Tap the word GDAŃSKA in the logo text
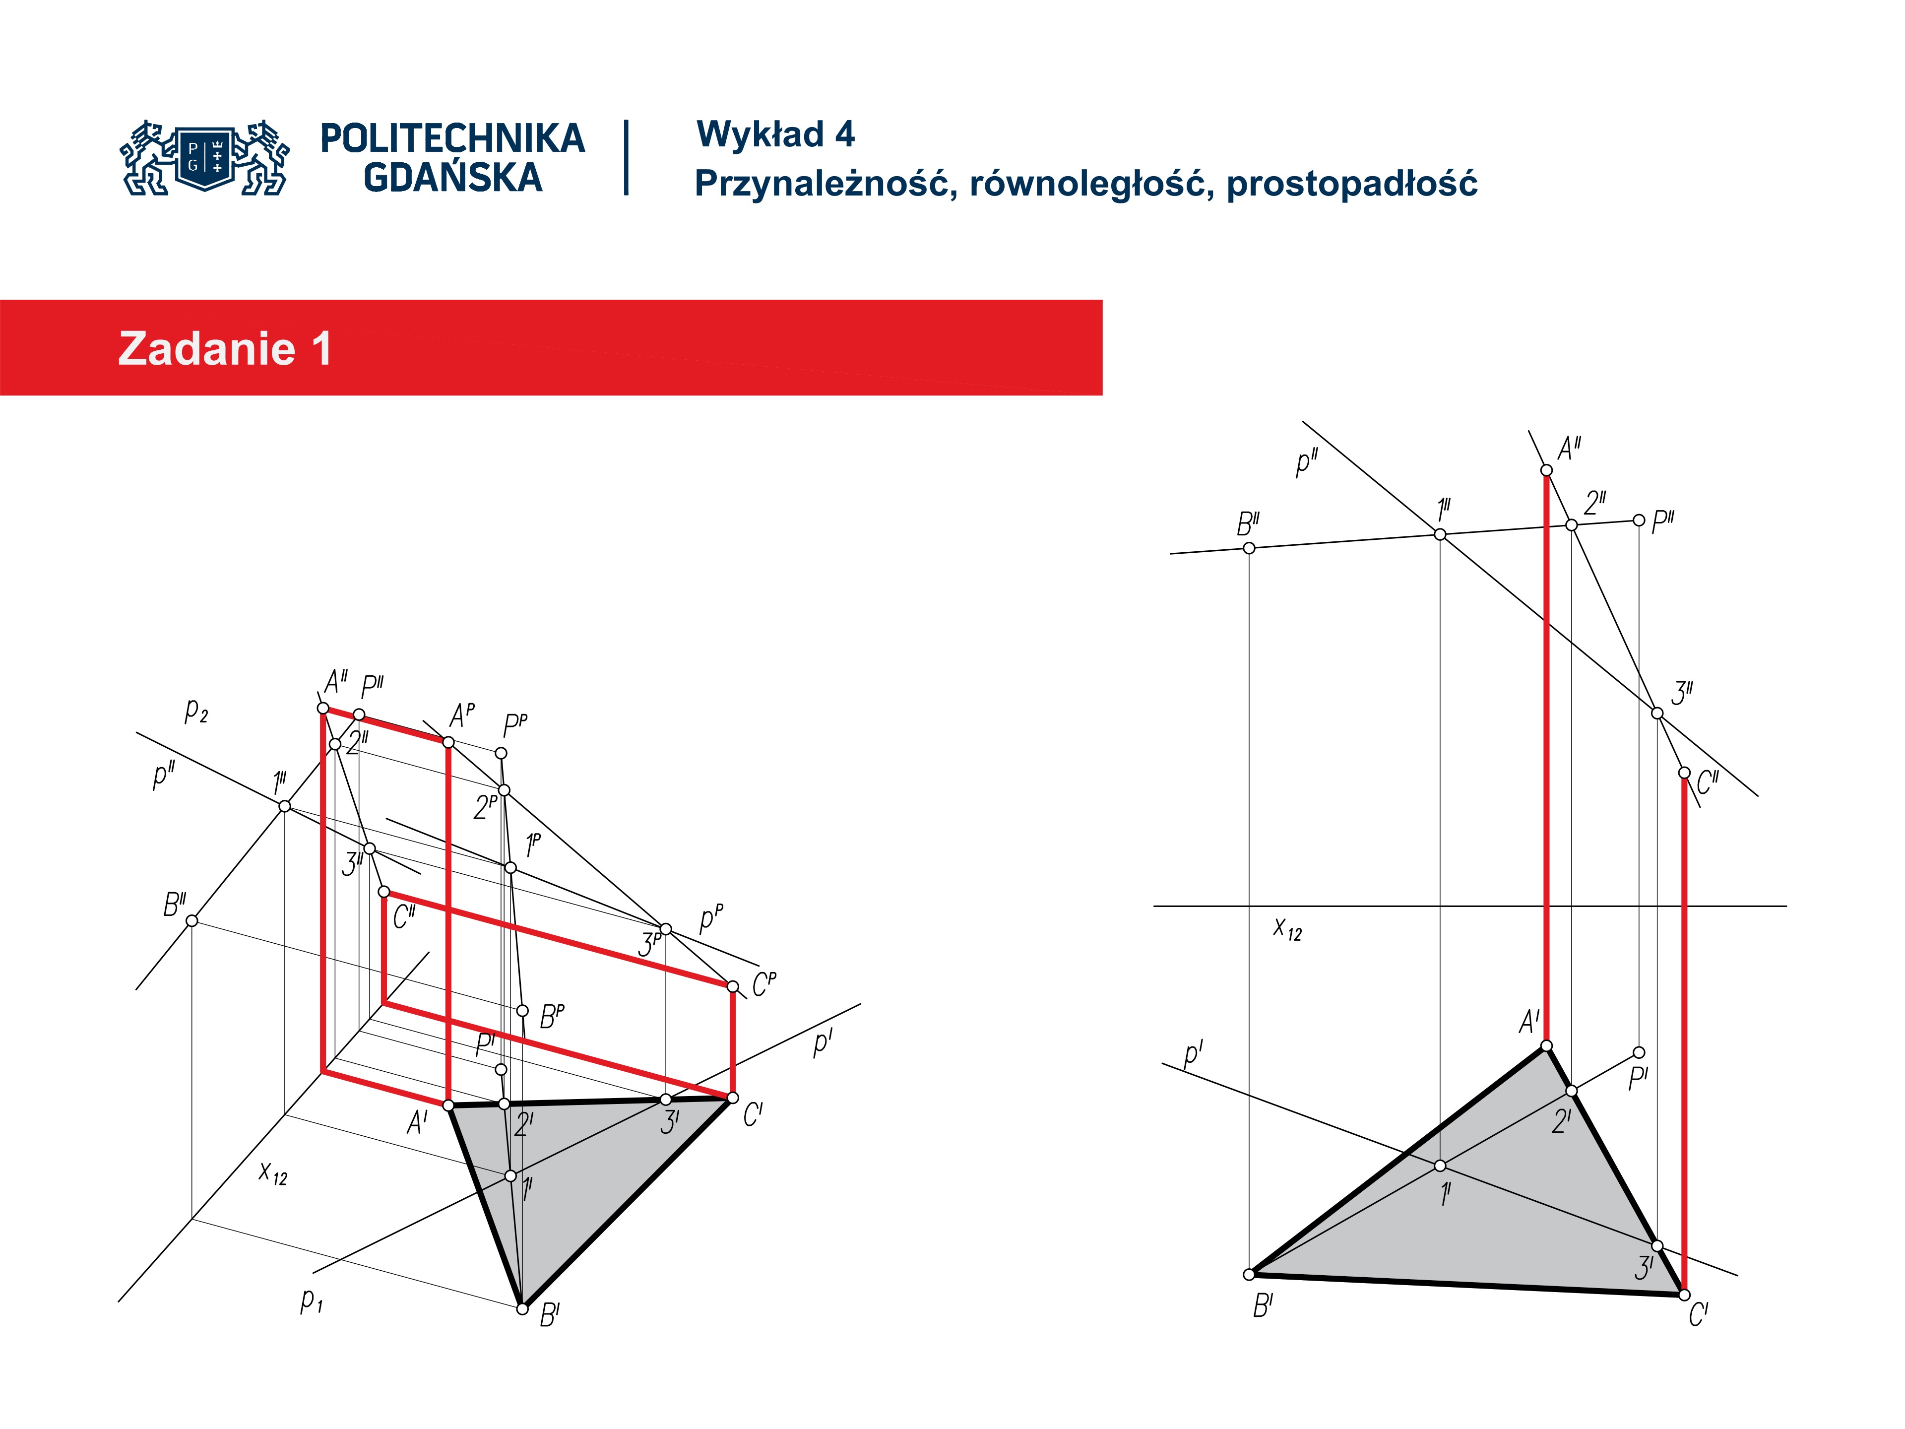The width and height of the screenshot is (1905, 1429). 453,178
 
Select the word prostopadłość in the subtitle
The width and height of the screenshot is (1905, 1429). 1351,184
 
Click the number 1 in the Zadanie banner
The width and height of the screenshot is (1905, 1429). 321,349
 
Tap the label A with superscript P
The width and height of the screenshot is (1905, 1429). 462,714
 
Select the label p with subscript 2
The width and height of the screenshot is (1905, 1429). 196,711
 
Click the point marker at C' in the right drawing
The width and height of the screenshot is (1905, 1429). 1685,1296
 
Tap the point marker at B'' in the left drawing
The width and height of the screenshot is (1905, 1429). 192,921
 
